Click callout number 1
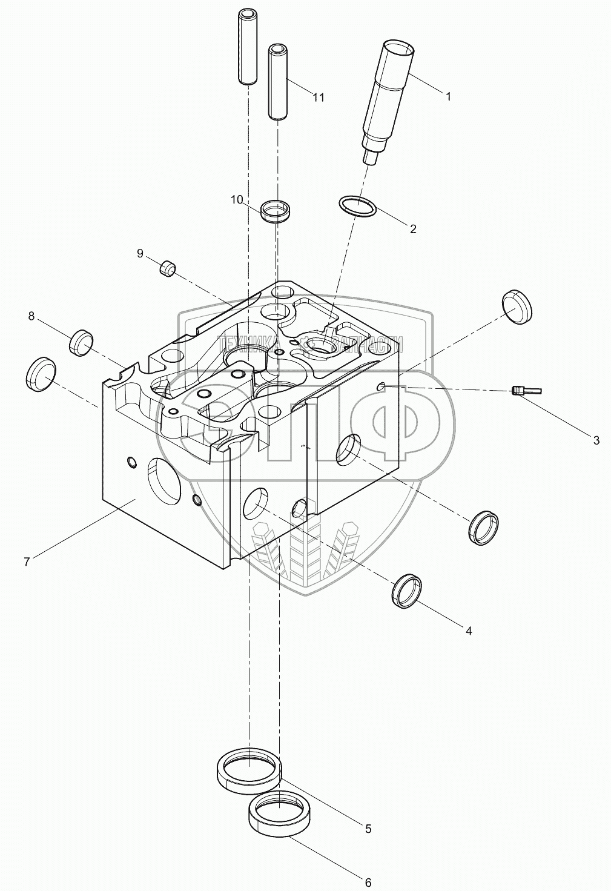[448, 96]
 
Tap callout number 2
[413, 228]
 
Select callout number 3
[596, 440]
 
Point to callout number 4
[469, 631]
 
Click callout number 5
[368, 829]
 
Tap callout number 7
[27, 561]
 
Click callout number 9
[140, 253]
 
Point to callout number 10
[237, 199]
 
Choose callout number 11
[319, 97]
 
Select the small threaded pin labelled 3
[524, 391]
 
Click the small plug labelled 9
[167, 268]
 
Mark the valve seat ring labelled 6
[280, 815]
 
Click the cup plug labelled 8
[81, 343]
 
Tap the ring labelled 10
[276, 212]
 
